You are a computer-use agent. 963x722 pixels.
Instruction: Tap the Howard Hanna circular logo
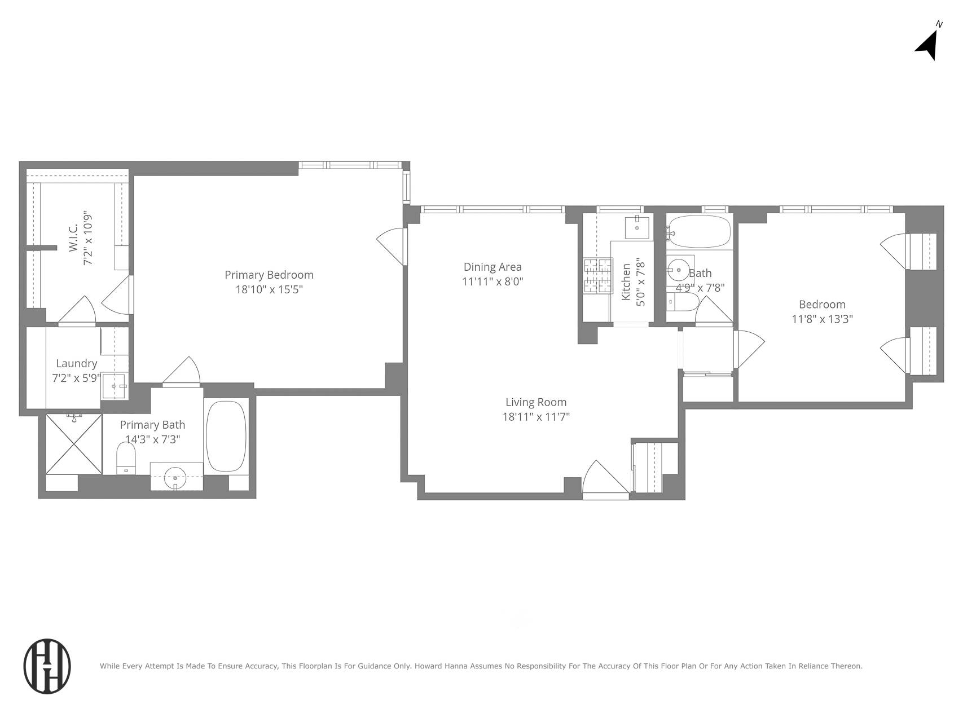click(47, 666)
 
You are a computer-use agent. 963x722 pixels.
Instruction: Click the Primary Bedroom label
click(269, 275)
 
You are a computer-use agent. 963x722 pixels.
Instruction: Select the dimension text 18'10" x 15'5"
click(269, 289)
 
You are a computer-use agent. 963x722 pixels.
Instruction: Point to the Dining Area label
click(493, 267)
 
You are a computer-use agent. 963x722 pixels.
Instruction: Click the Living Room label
click(536, 402)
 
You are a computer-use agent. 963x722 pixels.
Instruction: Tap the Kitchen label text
click(626, 282)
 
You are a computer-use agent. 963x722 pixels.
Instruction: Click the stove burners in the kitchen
click(598, 276)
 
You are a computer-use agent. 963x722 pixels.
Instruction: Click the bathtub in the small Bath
click(700, 231)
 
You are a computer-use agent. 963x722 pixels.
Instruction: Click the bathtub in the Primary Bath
click(226, 436)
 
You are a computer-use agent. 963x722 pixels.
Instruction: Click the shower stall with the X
click(74, 444)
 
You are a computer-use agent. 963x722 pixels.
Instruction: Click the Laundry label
click(77, 364)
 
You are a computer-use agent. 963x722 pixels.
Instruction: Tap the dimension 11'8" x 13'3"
click(822, 319)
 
